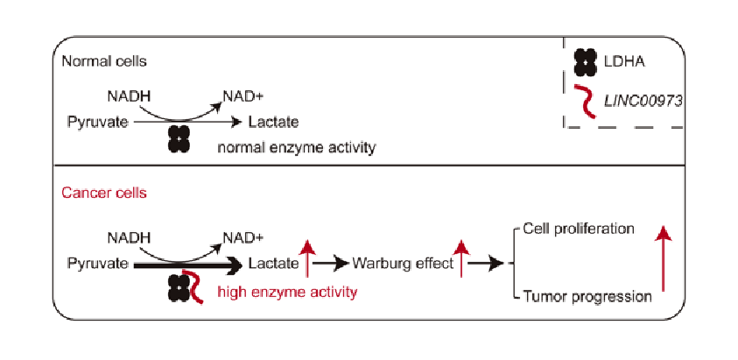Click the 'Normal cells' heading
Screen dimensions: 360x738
(x=104, y=62)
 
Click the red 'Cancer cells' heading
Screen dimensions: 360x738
(x=104, y=193)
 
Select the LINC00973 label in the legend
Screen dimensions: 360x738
(x=643, y=102)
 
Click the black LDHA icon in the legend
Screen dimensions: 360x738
(x=585, y=62)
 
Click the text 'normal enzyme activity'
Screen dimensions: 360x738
(x=297, y=147)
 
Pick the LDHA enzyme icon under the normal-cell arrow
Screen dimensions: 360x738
(x=179, y=138)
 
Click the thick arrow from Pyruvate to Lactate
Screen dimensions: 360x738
(x=188, y=262)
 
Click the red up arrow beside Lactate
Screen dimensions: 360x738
(x=307, y=259)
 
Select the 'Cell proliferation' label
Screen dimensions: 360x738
(x=578, y=229)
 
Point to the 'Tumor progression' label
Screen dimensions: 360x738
(x=587, y=296)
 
